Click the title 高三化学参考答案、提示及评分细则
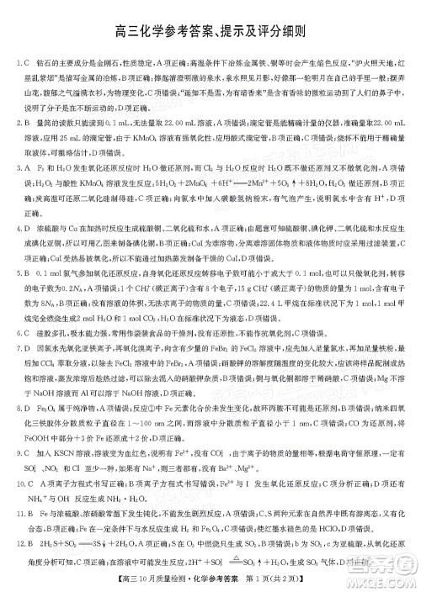pos(210,34)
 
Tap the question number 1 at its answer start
pos(18,63)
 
